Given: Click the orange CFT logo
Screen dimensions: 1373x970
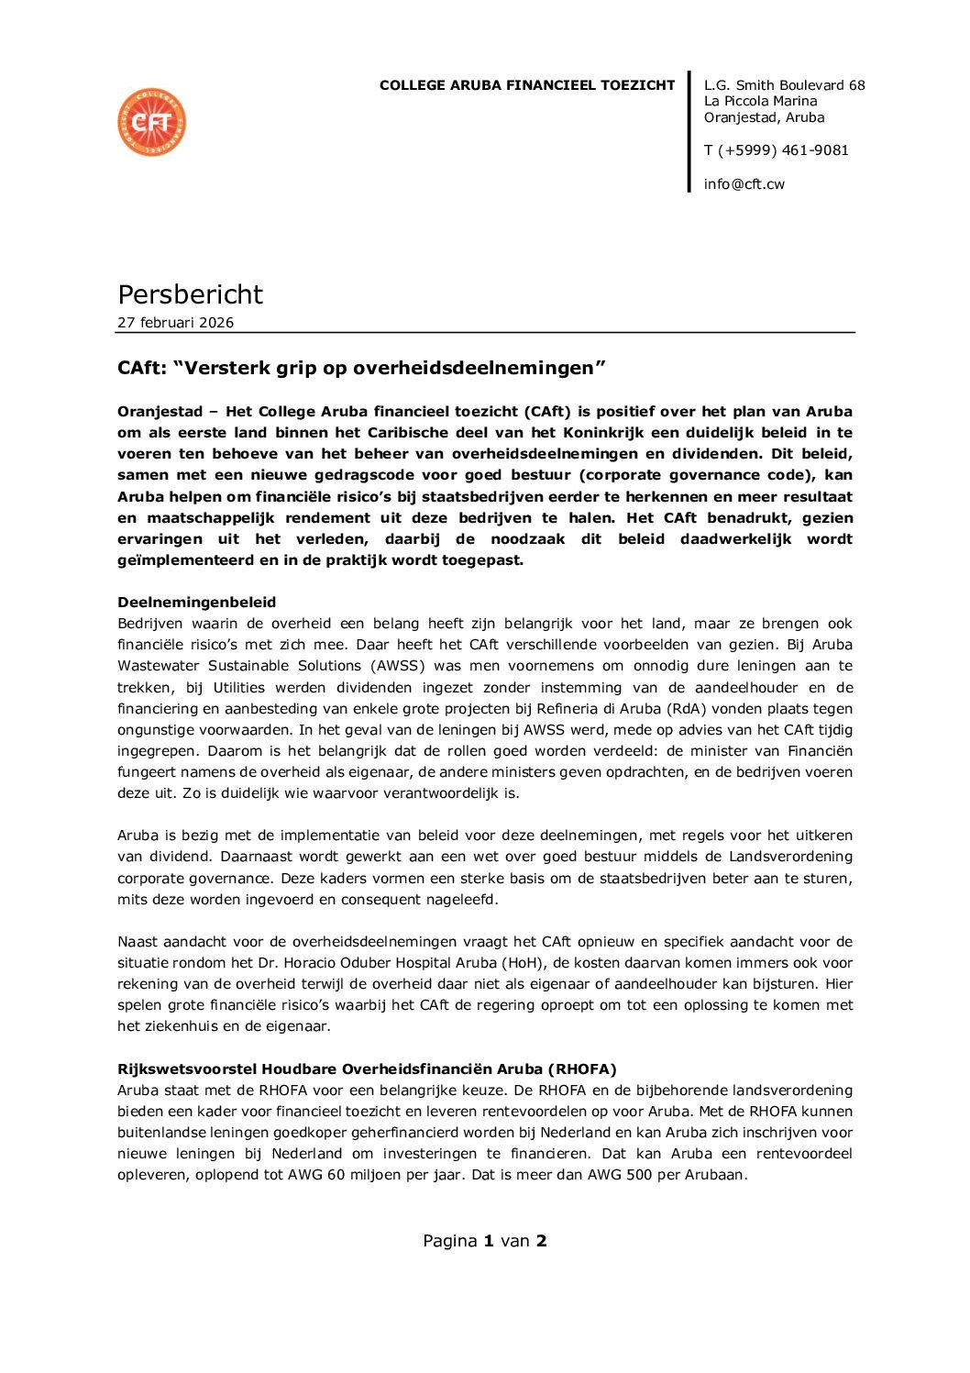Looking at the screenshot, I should coord(152,123).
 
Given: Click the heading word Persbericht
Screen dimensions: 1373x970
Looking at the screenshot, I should coord(190,294).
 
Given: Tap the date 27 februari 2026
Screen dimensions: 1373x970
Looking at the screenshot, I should coord(175,323).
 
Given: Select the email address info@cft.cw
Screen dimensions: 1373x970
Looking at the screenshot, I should coord(744,184).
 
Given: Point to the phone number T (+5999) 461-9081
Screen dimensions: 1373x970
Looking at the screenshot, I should coord(777,150).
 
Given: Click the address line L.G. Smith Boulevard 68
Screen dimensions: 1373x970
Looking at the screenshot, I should coord(784,85).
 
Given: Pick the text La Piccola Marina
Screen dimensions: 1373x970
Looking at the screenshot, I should coord(760,101).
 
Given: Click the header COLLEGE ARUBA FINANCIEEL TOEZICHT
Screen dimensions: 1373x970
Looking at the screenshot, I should coord(527,85).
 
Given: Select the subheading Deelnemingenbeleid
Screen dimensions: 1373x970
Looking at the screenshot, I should coord(196,603).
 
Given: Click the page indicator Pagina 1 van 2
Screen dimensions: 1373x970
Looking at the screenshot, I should coord(484,1241).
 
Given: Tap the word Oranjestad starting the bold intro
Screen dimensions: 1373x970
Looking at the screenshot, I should coord(160,412).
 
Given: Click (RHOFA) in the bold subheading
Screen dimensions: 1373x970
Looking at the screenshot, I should coord(582,1069).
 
